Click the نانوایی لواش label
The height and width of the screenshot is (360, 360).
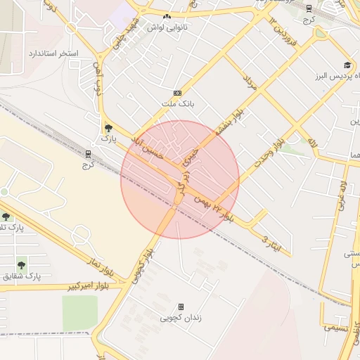pyautogui.click(x=165, y=27)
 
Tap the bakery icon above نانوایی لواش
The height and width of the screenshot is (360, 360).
pyautogui.click(x=167, y=16)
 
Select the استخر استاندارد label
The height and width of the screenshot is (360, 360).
pyautogui.click(x=53, y=53)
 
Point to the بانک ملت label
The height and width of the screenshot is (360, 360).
pyautogui.click(x=177, y=104)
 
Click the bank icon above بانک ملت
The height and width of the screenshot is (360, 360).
pyautogui.click(x=177, y=93)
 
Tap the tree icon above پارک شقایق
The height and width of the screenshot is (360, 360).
pyautogui.click(x=21, y=265)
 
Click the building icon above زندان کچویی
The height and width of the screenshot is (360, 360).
pyautogui.click(x=181, y=307)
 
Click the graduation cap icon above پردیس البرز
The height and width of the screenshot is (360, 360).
pyautogui.click(x=347, y=64)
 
